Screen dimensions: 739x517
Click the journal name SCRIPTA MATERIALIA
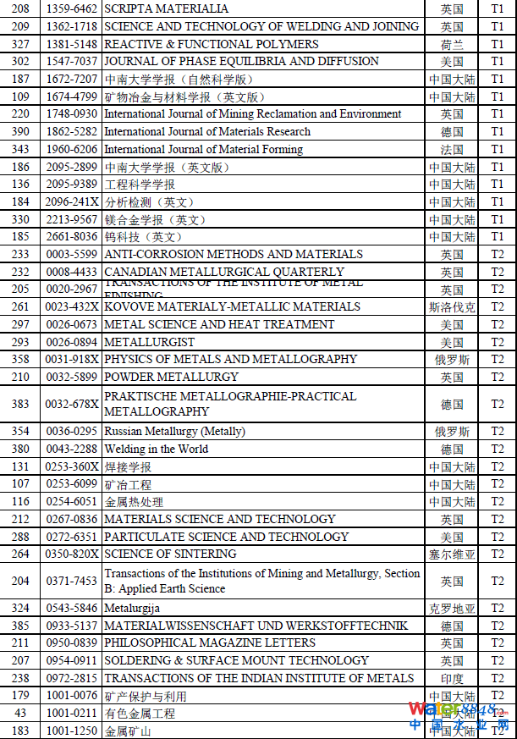[x=166, y=8]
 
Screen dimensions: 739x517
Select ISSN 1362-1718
[x=71, y=26]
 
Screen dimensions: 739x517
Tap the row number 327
[x=21, y=44]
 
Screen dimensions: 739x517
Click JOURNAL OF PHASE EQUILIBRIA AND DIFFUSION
[x=241, y=61]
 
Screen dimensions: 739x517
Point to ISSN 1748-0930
[x=71, y=114]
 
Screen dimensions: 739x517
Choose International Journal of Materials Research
[x=206, y=131]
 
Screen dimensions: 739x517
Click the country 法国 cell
[x=452, y=150]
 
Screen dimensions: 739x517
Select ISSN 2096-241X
[x=71, y=202]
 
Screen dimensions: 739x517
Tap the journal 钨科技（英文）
[x=143, y=237]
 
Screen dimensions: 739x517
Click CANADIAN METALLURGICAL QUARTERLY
[x=224, y=272]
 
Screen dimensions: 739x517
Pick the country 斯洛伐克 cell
[x=452, y=307]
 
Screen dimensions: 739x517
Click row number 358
[x=21, y=359]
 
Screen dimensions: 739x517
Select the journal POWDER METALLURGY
[x=171, y=377]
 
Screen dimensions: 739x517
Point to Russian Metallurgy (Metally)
[x=174, y=432]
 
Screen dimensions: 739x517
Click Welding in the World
[x=156, y=449]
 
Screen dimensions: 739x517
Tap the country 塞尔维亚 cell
[x=452, y=554]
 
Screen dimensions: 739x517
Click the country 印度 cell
[x=452, y=679]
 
